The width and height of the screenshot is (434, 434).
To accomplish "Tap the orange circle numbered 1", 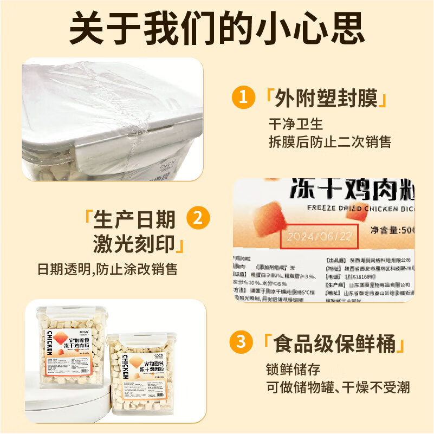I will pyautogui.click(x=243, y=98).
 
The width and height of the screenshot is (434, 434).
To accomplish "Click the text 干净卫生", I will pyautogui.click(x=295, y=124).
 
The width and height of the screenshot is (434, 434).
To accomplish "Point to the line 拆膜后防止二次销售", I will pyautogui.click(x=329, y=142).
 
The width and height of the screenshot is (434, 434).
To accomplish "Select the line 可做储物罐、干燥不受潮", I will pyautogui.click(x=338, y=388).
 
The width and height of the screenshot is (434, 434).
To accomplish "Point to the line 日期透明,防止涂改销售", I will pyautogui.click(x=108, y=269).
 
